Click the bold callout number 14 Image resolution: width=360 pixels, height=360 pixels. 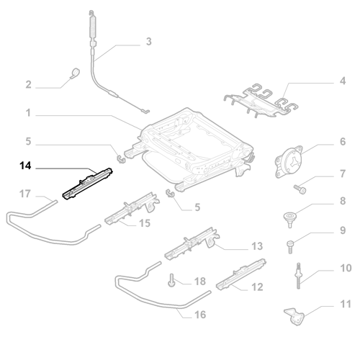[x=25, y=166]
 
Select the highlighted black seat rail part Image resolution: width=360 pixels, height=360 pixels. [x=88, y=184]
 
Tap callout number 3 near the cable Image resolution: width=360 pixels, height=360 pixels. [x=149, y=41]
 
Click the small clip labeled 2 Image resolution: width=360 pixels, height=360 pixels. [x=75, y=73]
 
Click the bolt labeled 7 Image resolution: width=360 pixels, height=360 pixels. [x=300, y=189]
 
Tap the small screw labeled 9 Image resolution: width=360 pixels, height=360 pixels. [x=289, y=247]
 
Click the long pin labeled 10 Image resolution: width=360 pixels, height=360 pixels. [x=299, y=276]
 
